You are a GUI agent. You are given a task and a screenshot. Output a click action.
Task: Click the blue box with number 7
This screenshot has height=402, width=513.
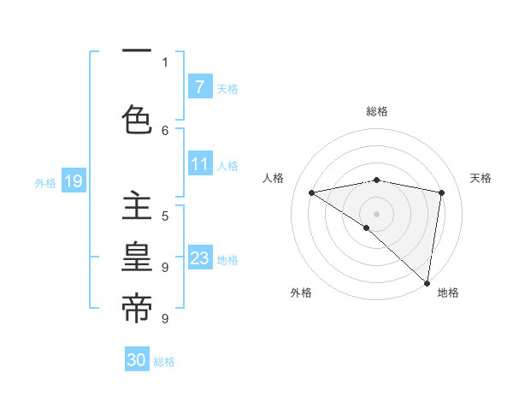[199, 86]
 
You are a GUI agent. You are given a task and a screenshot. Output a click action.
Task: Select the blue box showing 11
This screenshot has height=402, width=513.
[199, 164]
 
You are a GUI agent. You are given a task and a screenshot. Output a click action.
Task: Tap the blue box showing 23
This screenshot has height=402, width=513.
[199, 258]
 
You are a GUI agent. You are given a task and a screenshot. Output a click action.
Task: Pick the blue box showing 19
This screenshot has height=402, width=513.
[73, 180]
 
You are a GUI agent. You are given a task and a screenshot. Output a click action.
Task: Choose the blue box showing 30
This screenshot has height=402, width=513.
[137, 360]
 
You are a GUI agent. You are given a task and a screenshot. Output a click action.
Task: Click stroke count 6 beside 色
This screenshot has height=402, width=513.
[165, 130]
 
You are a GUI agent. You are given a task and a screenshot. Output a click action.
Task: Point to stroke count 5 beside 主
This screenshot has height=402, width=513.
[165, 216]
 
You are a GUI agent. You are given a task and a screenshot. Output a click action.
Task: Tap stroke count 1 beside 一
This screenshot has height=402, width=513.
[165, 62]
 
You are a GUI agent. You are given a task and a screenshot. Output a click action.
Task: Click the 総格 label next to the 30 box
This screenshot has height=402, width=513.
[165, 362]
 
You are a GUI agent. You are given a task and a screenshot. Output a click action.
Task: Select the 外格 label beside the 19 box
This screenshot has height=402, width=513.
[45, 182]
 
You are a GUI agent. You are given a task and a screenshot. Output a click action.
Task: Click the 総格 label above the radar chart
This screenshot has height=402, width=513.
[377, 111]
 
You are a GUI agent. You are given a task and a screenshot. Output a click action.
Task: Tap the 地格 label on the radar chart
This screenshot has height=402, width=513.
[448, 293]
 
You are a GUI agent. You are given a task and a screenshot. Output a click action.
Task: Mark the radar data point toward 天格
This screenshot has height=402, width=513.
[442, 192]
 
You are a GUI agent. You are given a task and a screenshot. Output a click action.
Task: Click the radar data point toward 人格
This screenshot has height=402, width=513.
[311, 192]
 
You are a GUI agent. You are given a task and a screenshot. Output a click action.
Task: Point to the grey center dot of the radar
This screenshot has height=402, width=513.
[376, 213]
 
